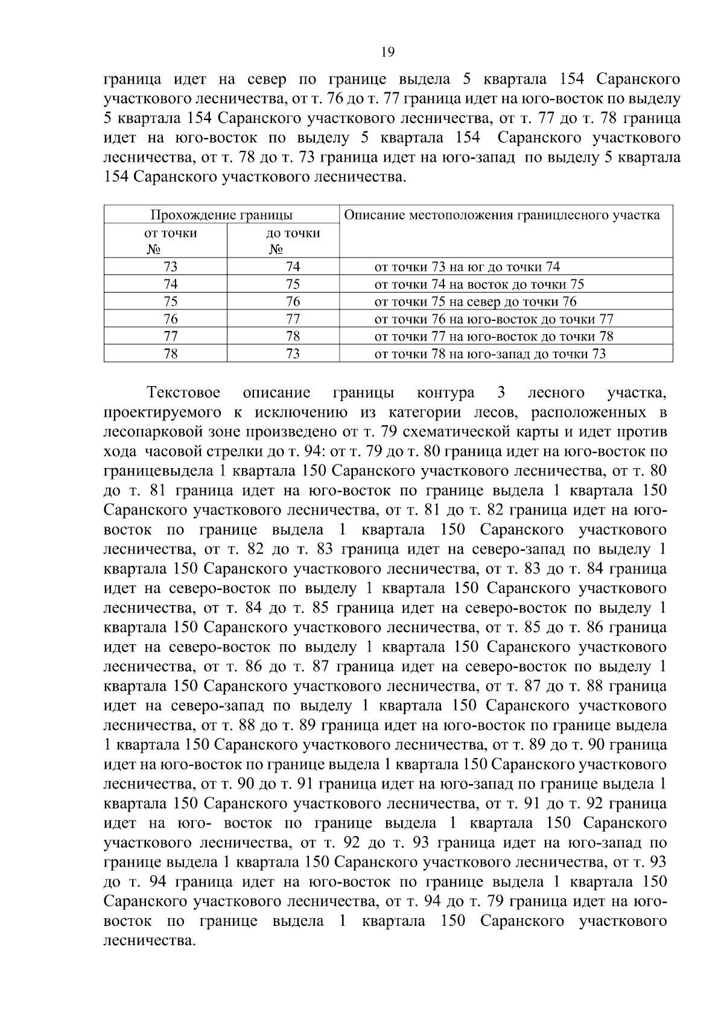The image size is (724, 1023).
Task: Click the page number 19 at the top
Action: [x=388, y=52]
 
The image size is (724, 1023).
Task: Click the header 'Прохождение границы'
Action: [x=221, y=215]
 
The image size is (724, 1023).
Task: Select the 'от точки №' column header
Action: [x=170, y=241]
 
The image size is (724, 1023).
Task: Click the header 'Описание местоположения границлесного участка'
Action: [x=501, y=215]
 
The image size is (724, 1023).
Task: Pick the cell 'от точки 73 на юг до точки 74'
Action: [x=467, y=267]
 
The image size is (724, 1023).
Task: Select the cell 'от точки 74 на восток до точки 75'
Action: [x=479, y=284]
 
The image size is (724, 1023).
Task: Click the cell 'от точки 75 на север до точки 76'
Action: [x=475, y=302]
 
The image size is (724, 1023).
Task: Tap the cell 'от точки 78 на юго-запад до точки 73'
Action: [x=490, y=354]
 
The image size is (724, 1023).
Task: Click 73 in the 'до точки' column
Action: [x=293, y=354]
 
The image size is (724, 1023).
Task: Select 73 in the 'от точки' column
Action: [x=171, y=267]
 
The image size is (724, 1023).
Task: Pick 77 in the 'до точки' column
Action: [x=293, y=319]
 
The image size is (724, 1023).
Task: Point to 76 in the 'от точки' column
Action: [x=171, y=319]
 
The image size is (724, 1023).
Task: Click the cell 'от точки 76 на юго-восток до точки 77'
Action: [x=494, y=319]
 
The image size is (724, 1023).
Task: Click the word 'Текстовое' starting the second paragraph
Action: [x=183, y=393]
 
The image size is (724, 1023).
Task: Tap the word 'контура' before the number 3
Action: [x=445, y=393]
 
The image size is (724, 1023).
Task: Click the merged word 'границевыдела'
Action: [x=154, y=471]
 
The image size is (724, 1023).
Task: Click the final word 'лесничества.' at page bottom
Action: [x=150, y=940]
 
